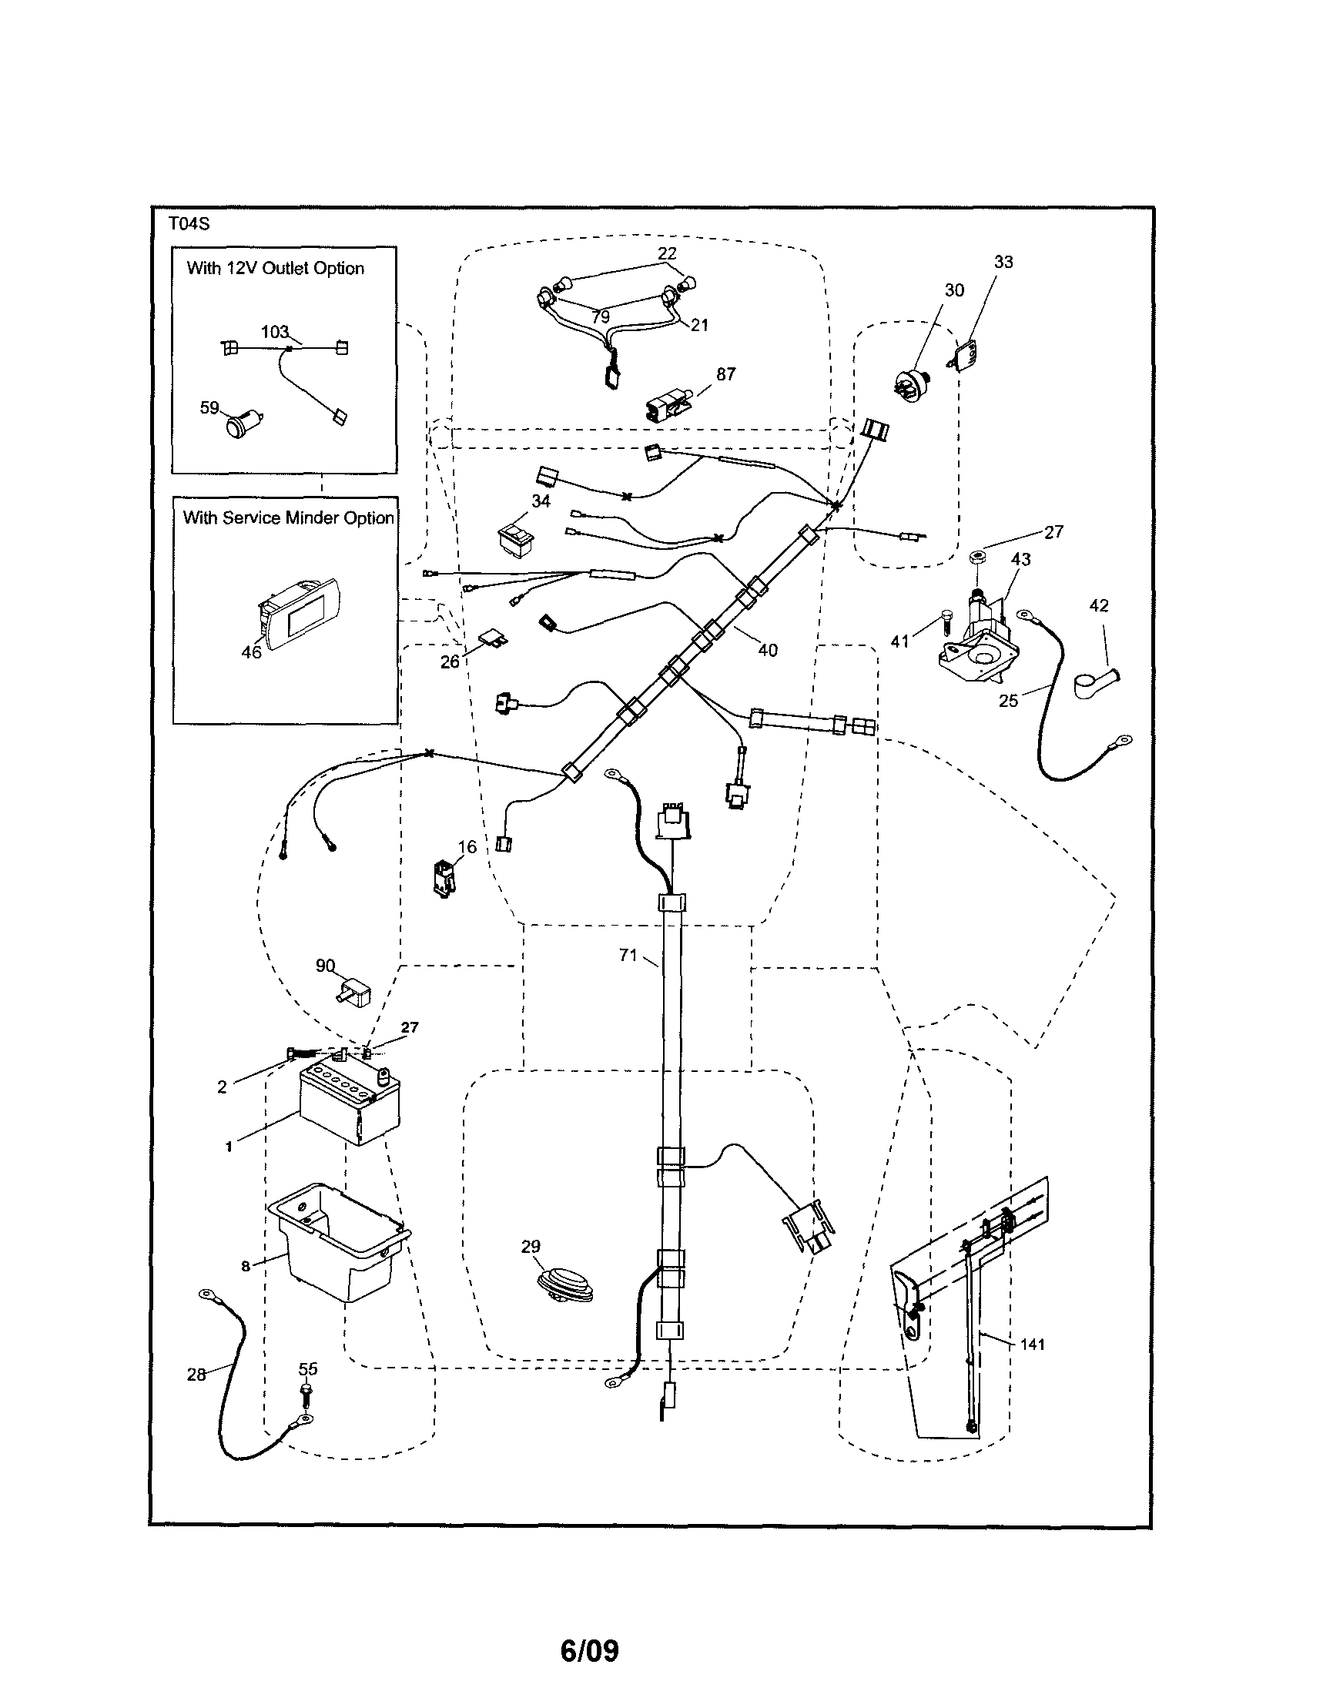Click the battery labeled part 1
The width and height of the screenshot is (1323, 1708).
[x=350, y=1107]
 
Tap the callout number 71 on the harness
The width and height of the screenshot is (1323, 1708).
[x=628, y=955]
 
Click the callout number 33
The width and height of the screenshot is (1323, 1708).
[x=1003, y=262]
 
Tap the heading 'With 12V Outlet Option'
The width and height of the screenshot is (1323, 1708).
[x=275, y=268]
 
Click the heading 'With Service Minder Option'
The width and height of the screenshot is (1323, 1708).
[x=288, y=517]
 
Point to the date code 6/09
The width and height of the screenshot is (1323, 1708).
[x=590, y=1651]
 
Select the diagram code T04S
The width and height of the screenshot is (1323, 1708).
[x=189, y=223]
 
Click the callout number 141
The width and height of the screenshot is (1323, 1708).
[x=1032, y=1345]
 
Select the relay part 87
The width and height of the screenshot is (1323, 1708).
[x=665, y=407]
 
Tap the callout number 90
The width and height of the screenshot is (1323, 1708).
[x=325, y=966]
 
